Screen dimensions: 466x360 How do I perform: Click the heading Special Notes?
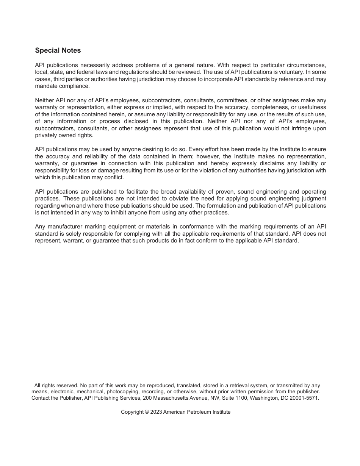58,50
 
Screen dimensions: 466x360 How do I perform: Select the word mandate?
46,86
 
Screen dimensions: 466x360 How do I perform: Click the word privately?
46,135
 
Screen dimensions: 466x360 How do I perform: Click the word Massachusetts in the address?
172,398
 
